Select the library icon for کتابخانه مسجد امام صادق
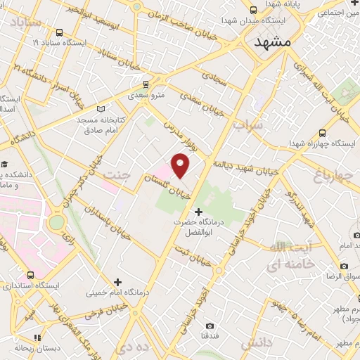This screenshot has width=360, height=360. pyautogui.click(x=103, y=109)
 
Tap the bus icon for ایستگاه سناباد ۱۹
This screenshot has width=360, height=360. pyautogui.click(x=59, y=32)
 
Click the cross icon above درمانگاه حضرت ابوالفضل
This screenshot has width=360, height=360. pyautogui.click(x=198, y=211)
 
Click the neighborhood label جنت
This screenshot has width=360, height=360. pyautogui.click(x=115, y=173)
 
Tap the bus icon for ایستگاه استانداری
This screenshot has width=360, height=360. pyautogui.click(x=30, y=274)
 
